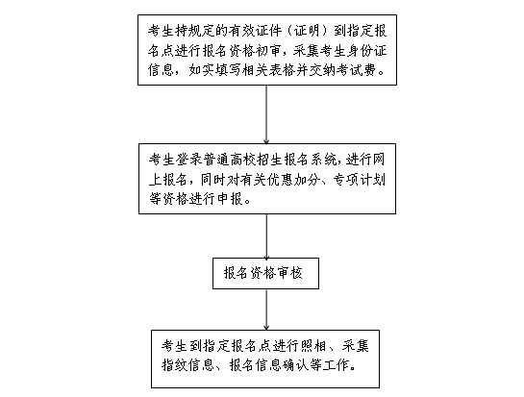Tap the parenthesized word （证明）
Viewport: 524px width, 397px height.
tap(307, 31)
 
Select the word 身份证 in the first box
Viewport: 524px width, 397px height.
tap(367, 51)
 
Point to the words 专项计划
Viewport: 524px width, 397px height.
tap(359, 180)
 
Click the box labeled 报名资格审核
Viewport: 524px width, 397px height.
tap(265, 273)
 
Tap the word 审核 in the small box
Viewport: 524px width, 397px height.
tap(289, 273)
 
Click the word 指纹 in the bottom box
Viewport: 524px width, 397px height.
tap(174, 365)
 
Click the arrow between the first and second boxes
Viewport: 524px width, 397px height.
tap(266, 114)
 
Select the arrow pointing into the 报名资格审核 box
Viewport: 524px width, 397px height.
tap(266, 236)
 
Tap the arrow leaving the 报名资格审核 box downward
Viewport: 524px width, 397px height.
tap(266, 310)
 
